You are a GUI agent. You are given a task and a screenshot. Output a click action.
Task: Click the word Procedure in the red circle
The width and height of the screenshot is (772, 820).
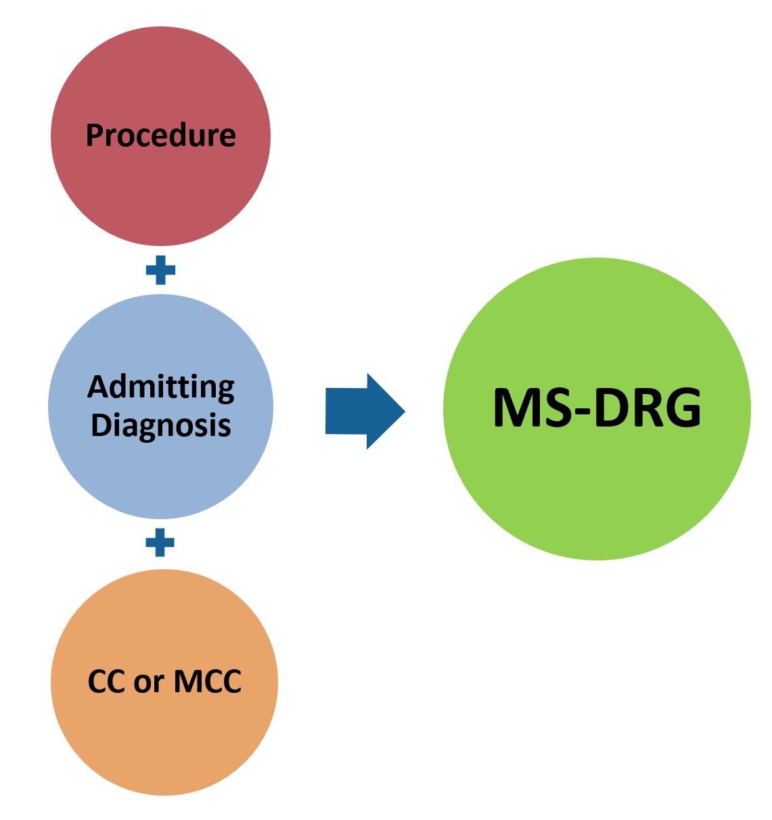(160, 135)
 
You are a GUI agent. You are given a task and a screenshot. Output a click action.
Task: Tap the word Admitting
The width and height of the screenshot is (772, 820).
(161, 387)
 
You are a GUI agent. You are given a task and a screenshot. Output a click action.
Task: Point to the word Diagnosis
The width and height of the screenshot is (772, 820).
(161, 426)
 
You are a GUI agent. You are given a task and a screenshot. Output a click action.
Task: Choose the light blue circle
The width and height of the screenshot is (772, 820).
(160, 473)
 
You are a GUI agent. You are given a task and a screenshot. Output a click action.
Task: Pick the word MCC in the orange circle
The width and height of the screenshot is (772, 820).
(207, 681)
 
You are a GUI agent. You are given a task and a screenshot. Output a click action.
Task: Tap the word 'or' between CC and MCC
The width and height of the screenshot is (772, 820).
(149, 681)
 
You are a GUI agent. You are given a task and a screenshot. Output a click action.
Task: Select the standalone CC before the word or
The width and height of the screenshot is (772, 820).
(107, 681)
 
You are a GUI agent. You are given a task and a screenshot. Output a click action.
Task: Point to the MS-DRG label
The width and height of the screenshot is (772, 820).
(597, 409)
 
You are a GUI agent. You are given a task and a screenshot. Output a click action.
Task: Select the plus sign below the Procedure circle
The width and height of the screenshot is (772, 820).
(160, 271)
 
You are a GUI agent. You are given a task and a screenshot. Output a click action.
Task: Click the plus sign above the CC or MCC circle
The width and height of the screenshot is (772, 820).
(160, 542)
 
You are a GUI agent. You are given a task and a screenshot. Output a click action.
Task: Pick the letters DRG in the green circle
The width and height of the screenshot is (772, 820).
(648, 409)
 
